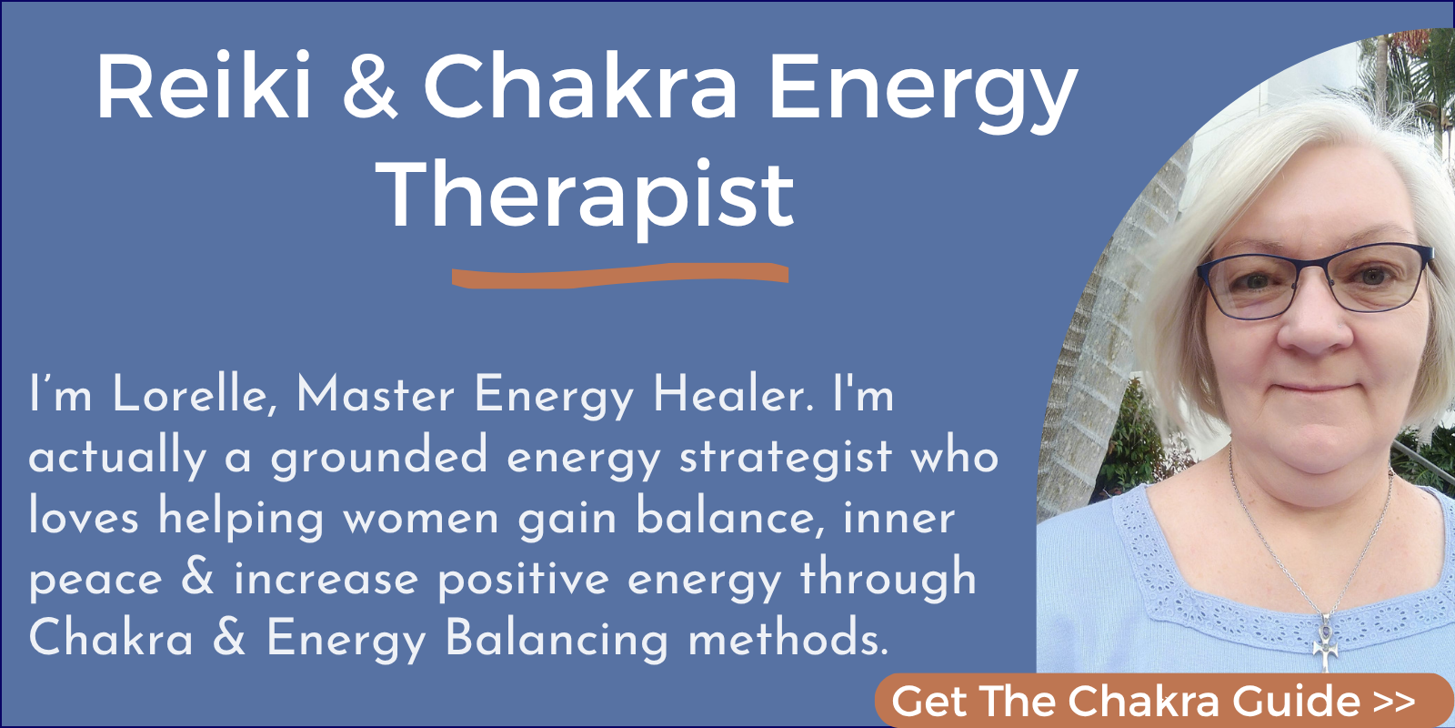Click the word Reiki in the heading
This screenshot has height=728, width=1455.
(204, 87)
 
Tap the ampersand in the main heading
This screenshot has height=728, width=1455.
(369, 87)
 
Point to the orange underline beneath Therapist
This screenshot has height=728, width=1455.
(620, 276)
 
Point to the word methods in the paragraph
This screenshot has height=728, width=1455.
(788, 638)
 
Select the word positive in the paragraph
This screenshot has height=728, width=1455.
(523, 580)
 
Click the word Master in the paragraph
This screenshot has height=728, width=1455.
(375, 395)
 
